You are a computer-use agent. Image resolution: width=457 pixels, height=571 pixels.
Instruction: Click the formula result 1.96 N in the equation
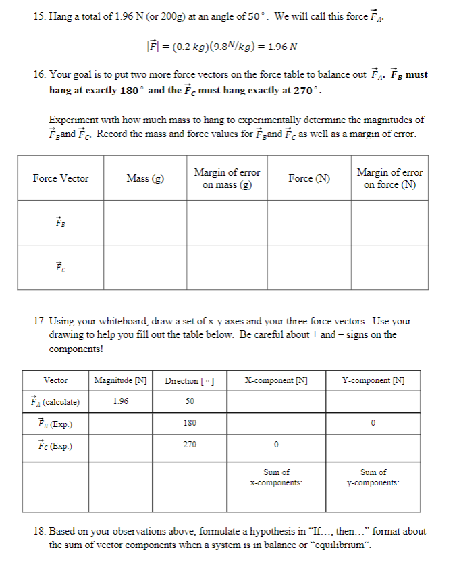click(282, 47)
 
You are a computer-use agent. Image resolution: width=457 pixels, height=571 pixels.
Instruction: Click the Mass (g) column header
click(145, 178)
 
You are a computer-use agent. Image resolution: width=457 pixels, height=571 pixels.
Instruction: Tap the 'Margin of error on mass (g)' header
click(227, 178)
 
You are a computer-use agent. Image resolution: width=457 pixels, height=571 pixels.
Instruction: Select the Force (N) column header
click(309, 178)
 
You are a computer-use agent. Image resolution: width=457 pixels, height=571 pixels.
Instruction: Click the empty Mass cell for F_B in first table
click(145, 222)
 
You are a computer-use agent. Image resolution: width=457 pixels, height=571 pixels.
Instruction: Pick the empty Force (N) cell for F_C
click(309, 267)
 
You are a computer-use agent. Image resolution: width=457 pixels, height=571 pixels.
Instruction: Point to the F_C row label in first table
click(60, 267)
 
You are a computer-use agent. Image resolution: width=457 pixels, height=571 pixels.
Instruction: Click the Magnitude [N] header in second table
click(122, 380)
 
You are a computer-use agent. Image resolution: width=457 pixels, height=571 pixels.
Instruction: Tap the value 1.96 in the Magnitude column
click(122, 401)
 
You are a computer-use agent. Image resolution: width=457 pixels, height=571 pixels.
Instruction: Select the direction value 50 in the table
click(190, 401)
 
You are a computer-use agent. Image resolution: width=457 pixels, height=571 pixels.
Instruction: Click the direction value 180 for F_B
click(190, 423)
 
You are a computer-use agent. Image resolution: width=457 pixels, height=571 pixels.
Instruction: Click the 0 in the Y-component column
click(373, 423)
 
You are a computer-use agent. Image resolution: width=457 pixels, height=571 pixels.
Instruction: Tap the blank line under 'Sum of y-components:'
click(373, 505)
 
